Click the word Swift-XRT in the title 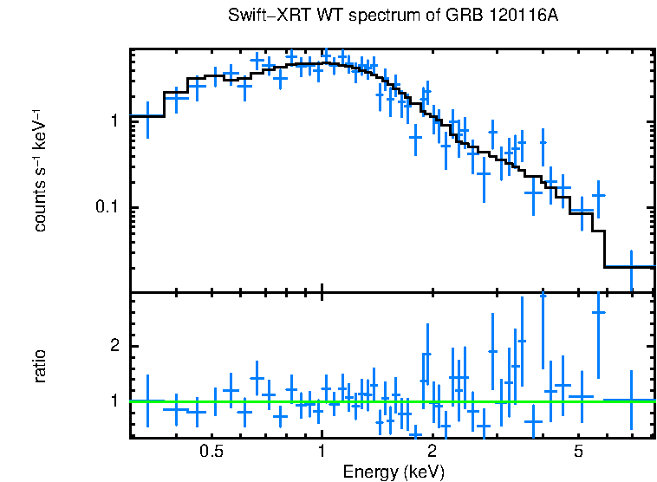(x=262, y=16)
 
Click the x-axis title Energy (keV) (x=394, y=472)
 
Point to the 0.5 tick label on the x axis (x=211, y=452)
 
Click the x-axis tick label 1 (x=322, y=452)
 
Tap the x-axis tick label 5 (x=578, y=452)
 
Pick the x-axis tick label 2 (x=432, y=452)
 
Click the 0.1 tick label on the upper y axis (x=108, y=208)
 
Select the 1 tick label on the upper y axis (x=114, y=120)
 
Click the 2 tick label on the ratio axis (x=114, y=346)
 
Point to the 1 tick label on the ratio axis (x=114, y=401)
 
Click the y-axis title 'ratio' (x=39, y=366)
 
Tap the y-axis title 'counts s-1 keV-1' (x=39, y=170)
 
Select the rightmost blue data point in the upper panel (x=630, y=267)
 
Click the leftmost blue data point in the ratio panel (x=147, y=401)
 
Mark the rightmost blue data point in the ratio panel (x=630, y=401)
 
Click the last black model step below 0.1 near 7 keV (x=629, y=267)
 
